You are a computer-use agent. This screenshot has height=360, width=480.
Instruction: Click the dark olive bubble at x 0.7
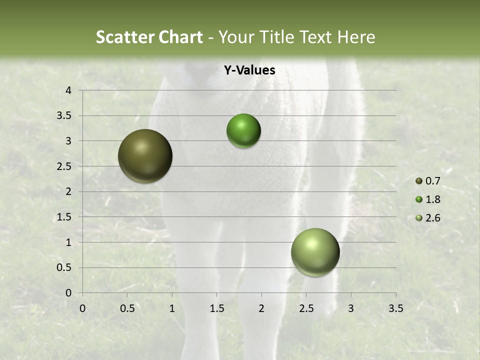(x=145, y=156)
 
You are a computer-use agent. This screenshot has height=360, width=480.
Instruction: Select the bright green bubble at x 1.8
(x=243, y=131)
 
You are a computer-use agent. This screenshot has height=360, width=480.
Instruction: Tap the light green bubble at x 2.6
(x=315, y=252)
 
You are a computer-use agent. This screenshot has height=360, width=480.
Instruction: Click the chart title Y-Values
(x=249, y=70)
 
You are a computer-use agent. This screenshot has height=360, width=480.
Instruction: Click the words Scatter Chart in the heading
(x=149, y=37)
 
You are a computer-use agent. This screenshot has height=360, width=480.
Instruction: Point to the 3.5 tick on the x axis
(x=395, y=308)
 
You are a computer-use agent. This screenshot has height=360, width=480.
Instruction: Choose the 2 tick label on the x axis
(x=261, y=308)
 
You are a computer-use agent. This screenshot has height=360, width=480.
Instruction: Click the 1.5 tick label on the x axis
(x=216, y=308)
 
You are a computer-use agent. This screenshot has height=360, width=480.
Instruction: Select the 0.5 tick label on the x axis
(x=127, y=308)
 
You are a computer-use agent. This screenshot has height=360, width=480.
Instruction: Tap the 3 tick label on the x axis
(x=351, y=308)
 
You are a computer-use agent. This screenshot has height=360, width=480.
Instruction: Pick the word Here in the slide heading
(x=356, y=37)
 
